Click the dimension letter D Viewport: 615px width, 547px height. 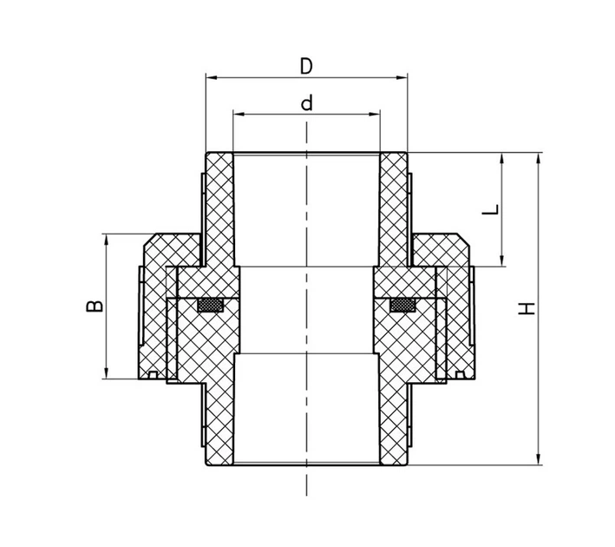[x=306, y=66]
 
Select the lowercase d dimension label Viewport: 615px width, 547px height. [x=307, y=102]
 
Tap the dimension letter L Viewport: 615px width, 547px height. [x=491, y=209]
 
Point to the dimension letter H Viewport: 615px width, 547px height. [x=527, y=308]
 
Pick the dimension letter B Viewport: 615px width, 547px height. [x=95, y=306]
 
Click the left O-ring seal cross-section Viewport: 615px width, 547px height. [x=211, y=306]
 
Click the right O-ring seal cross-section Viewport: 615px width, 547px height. [x=402, y=306]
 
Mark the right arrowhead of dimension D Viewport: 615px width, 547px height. [x=402, y=77]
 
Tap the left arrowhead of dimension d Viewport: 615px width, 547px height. [x=239, y=114]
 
